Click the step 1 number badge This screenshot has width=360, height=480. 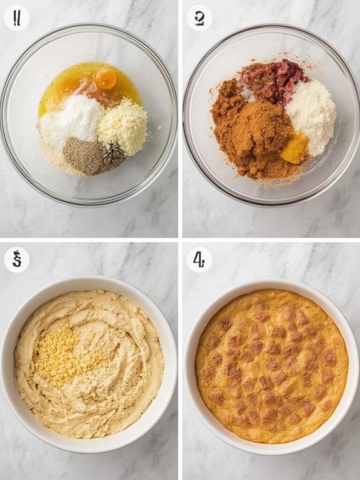[17, 18]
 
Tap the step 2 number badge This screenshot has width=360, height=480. [199, 18]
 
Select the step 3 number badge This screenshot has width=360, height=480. [17, 259]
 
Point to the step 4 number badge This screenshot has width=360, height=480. [199, 259]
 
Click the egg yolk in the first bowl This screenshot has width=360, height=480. [106, 79]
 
